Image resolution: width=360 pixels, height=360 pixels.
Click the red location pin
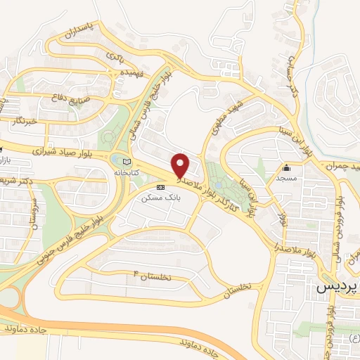pyautogui.click(x=181, y=166)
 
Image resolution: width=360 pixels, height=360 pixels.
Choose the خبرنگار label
pyautogui.click(x=27, y=120)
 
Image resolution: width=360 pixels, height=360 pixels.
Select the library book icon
pyautogui.click(x=127, y=162)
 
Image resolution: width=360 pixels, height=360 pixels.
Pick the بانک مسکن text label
pyautogui.click(x=156, y=198)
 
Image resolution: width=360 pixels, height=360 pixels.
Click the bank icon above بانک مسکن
pyautogui.click(x=161, y=187)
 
